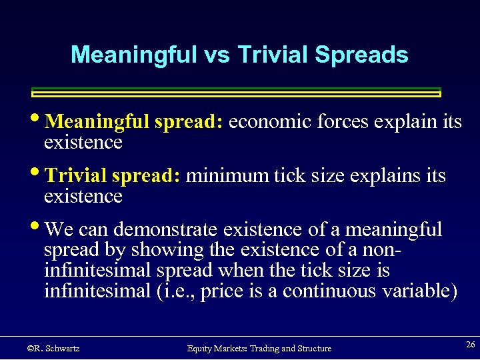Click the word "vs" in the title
pyautogui.click(x=215, y=55)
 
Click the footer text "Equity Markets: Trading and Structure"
pyautogui.click(x=259, y=349)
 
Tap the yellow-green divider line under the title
pyautogui.click(x=237, y=93)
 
